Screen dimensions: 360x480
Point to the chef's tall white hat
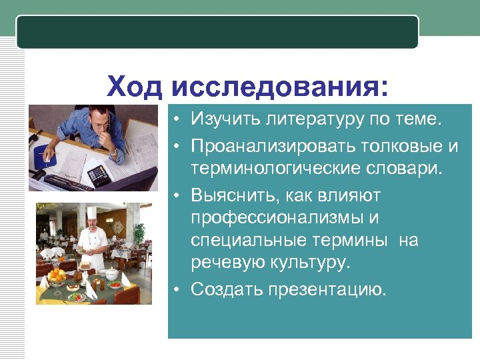[x=91, y=213]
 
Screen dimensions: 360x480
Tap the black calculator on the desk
[x=99, y=175]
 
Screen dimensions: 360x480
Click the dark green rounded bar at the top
[x=217, y=32]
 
